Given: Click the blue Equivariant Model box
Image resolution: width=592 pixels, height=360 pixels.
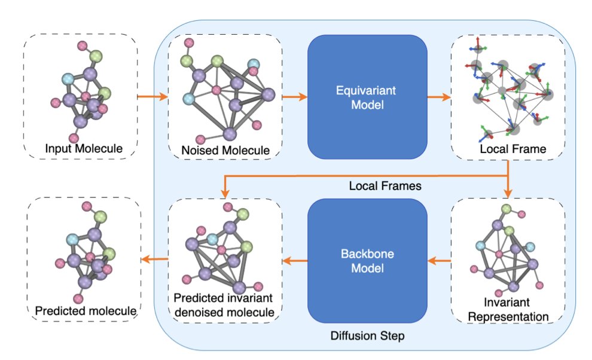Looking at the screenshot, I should pyautogui.click(x=367, y=96).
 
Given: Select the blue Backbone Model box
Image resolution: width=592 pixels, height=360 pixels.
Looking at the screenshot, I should pyautogui.click(x=367, y=260).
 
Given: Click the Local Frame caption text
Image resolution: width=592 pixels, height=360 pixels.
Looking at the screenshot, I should pyautogui.click(x=512, y=149).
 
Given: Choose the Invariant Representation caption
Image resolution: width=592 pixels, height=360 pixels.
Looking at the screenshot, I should pyautogui.click(x=508, y=309).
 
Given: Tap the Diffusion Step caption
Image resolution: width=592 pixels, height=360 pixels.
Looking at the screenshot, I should pyautogui.click(x=367, y=335).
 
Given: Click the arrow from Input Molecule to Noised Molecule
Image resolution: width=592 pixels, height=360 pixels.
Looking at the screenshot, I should pyautogui.click(x=152, y=96).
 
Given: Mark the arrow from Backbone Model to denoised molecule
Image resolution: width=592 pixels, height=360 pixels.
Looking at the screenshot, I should pyautogui.click(x=295, y=260).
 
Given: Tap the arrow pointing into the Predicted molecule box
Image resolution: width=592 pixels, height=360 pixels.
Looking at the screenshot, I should pyautogui.click(x=154, y=258).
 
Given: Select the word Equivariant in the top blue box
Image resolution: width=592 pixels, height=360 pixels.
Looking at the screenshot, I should pyautogui.click(x=367, y=89).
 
